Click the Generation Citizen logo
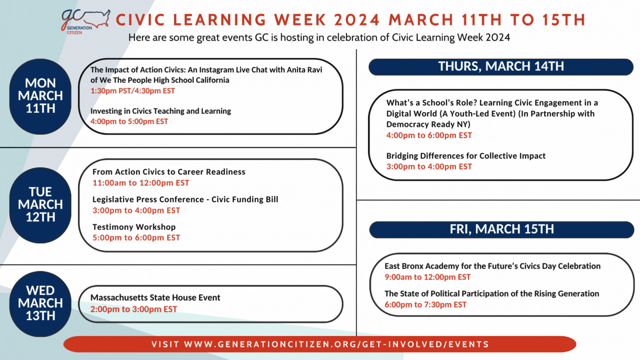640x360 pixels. [86, 22]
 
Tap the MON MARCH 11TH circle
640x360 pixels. [40, 96]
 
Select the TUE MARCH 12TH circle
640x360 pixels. [40, 205]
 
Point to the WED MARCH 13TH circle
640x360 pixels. [40, 304]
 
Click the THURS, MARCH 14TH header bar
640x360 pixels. [501, 67]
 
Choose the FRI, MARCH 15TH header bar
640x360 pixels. [502, 230]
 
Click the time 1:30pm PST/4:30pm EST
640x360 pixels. [132, 91]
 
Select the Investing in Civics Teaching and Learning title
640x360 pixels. [160, 111]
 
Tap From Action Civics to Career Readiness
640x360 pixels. [169, 172]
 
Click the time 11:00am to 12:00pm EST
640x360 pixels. [141, 183]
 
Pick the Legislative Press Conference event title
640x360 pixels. [185, 200]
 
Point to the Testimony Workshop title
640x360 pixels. [134, 227]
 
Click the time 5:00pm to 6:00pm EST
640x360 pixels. [136, 238]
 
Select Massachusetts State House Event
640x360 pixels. [156, 298]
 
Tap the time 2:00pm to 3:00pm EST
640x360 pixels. [134, 309]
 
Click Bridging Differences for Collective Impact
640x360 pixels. [466, 156]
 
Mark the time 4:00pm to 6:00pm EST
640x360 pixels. [429, 136]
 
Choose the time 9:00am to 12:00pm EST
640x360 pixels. [428, 277]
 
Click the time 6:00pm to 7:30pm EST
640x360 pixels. [426, 304]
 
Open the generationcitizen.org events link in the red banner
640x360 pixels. [320, 344]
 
